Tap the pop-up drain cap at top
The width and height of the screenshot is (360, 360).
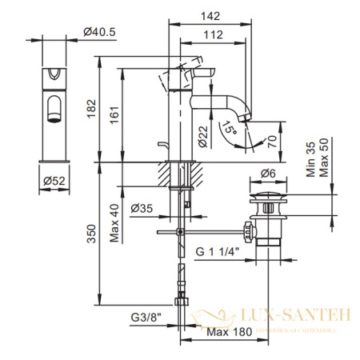[267, 194]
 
